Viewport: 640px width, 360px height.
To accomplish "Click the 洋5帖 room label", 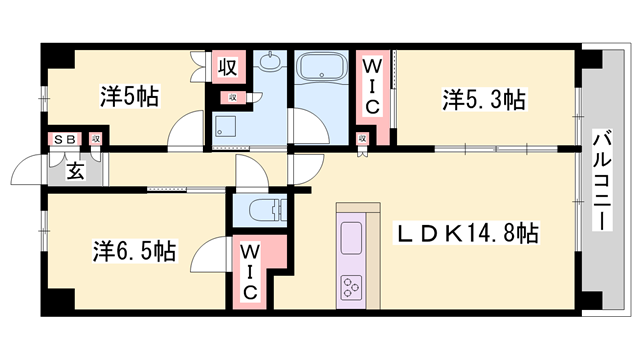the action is (129, 97).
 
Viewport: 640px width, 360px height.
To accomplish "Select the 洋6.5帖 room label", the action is (135, 250).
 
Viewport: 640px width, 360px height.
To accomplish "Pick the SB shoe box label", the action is (62, 139).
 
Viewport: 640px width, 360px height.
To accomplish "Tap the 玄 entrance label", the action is (75, 170).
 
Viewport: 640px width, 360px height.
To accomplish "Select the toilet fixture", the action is (264, 210).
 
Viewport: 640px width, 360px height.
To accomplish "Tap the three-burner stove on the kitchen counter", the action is (353, 288).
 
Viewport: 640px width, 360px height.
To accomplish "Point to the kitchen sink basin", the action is (353, 238).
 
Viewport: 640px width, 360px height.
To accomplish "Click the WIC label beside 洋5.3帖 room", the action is (371, 86).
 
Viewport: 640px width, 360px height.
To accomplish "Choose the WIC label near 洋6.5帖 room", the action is (250, 271).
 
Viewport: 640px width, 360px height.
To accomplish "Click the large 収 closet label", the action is (228, 69).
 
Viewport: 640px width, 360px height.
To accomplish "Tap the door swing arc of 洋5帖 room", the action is (185, 130).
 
